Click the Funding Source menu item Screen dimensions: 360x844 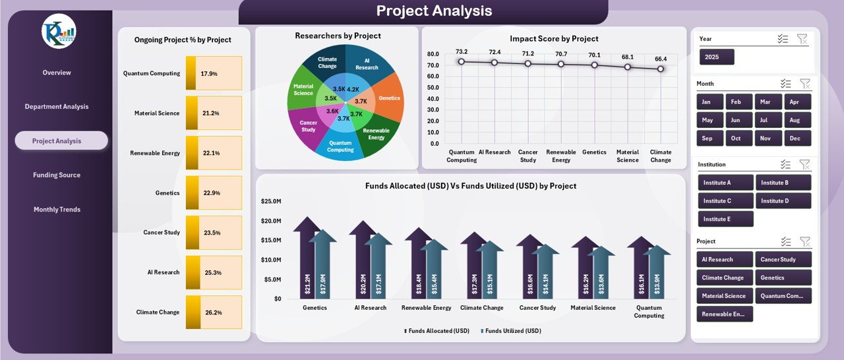(57, 175)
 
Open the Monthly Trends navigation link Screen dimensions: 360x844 (57, 209)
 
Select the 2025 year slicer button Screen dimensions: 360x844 (716, 57)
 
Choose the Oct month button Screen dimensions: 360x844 (736, 138)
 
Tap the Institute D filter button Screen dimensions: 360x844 (783, 200)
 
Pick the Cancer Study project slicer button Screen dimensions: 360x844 (783, 259)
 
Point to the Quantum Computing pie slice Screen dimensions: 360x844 (340, 145)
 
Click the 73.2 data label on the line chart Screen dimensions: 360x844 (462, 51)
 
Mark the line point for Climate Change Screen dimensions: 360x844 (660, 69)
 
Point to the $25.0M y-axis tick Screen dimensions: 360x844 (272, 200)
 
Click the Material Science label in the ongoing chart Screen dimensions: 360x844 (157, 113)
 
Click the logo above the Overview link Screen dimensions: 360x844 (59, 32)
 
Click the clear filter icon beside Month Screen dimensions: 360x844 (804, 84)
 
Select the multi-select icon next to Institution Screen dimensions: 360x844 (785, 164)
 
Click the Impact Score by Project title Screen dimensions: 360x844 (554, 39)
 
